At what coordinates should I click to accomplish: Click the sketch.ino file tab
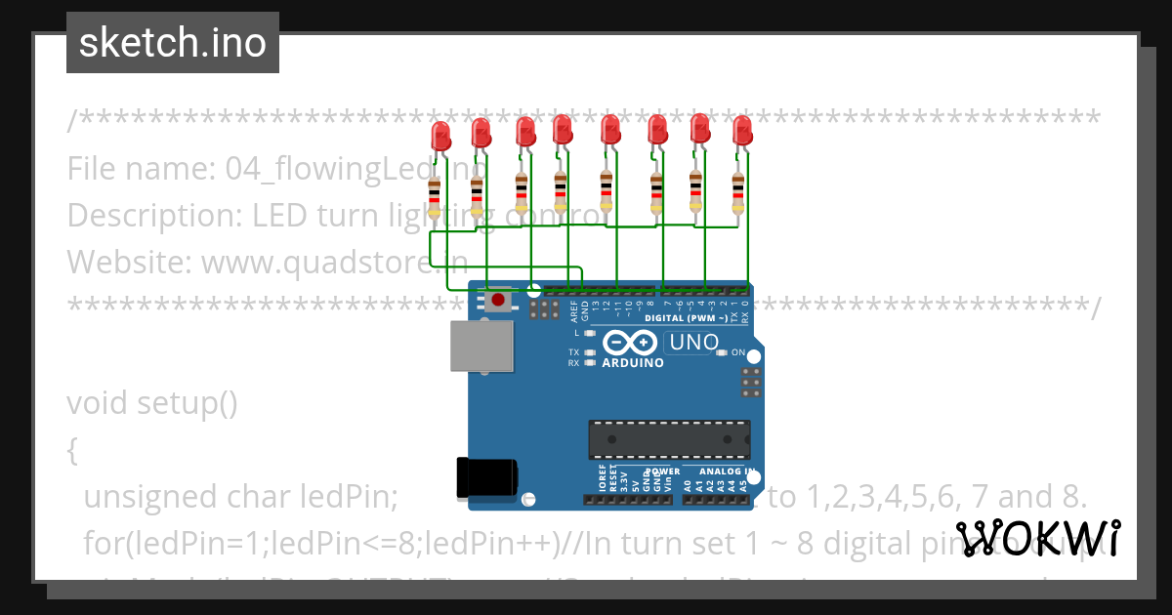173,43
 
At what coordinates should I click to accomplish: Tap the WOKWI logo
1037,537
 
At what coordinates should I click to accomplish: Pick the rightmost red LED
742,131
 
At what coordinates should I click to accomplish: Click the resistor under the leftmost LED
435,195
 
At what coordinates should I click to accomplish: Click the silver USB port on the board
481,347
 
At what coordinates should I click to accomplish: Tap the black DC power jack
486,477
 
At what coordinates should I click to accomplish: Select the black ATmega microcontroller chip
669,439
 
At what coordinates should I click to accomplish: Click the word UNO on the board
694,344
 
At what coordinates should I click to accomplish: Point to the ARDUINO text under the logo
633,363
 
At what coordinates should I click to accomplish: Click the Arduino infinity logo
630,343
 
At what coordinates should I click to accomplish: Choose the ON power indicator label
738,352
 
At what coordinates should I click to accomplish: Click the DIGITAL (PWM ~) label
686,318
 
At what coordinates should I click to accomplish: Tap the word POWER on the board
663,471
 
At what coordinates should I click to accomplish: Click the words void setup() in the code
152,402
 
